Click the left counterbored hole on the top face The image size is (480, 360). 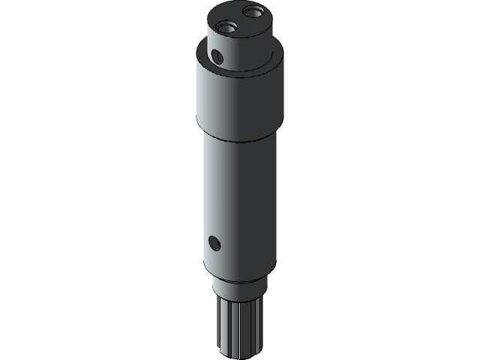pos(225,27)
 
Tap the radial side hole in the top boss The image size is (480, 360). pos(217,55)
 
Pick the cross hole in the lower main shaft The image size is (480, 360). pos(214,242)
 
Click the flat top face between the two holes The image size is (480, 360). pos(240,21)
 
